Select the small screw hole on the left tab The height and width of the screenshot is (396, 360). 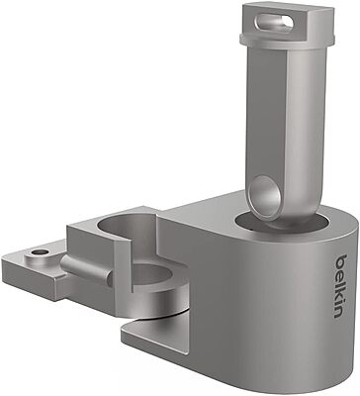tap(39, 252)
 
